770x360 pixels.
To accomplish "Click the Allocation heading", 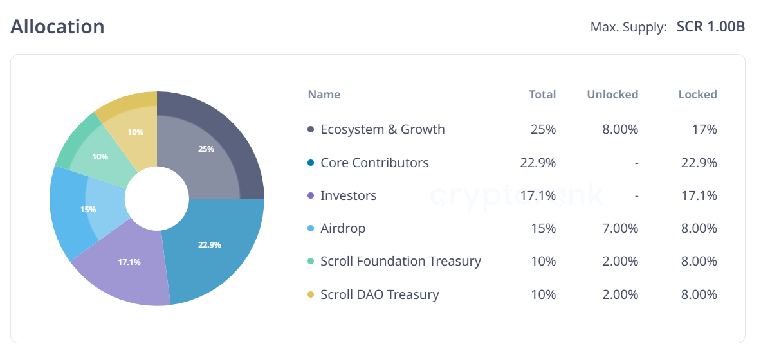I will coord(57,27).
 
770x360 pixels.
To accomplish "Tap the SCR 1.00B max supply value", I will coord(711,28).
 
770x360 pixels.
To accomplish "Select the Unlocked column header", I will coord(612,94).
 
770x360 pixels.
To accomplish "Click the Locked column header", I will coord(697,94).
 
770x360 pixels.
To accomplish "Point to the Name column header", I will coord(324,94).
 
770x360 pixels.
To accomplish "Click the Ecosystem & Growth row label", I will coord(383,129).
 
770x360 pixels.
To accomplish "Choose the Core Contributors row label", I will coord(374,163).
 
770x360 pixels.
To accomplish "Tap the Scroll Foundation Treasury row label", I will coord(401,261).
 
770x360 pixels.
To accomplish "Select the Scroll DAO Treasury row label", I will coord(380,294).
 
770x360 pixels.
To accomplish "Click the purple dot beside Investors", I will coord(311,195).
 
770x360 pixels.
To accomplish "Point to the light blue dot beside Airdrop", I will coord(311,228).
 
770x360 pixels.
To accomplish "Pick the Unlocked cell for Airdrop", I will coord(621,228).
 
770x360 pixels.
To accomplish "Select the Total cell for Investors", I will coord(538,195).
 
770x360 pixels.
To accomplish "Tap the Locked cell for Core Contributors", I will coord(699,163).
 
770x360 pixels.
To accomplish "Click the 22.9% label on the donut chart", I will coord(210,244).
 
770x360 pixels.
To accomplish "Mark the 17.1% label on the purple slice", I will coord(129,262).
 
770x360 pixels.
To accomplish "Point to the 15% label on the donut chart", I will coord(88,209).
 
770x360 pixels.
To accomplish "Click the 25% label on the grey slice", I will coord(206,148).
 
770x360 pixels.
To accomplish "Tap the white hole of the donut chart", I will coord(157,199).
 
